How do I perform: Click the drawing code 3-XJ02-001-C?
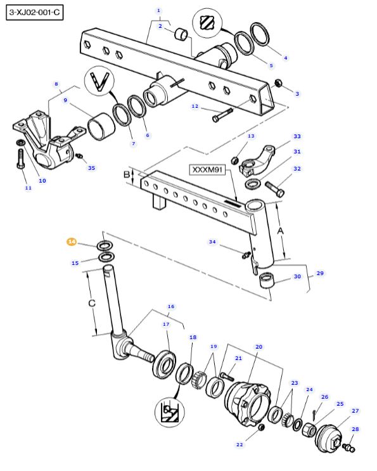[x=35, y=13]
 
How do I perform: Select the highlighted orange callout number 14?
[x=72, y=242]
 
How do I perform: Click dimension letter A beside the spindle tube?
[x=281, y=231]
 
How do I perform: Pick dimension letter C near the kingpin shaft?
[x=92, y=303]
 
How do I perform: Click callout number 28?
[x=355, y=429]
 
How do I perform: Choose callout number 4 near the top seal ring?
[x=285, y=58]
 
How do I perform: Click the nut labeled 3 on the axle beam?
[x=278, y=83]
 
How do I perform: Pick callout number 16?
[x=170, y=306]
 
